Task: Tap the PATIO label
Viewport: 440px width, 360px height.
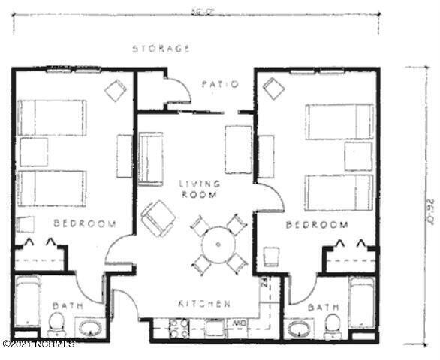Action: click(x=220, y=84)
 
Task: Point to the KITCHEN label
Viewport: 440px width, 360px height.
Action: click(x=203, y=304)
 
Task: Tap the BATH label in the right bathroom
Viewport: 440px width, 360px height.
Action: click(x=323, y=307)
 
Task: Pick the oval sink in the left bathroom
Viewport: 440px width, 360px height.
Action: click(x=90, y=328)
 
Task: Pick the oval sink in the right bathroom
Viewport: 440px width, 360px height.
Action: click(x=300, y=328)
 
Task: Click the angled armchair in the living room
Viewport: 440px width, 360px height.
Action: click(x=158, y=217)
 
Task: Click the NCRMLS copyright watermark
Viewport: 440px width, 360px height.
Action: click(x=38, y=344)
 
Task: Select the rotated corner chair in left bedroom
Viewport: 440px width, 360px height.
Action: click(x=115, y=91)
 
